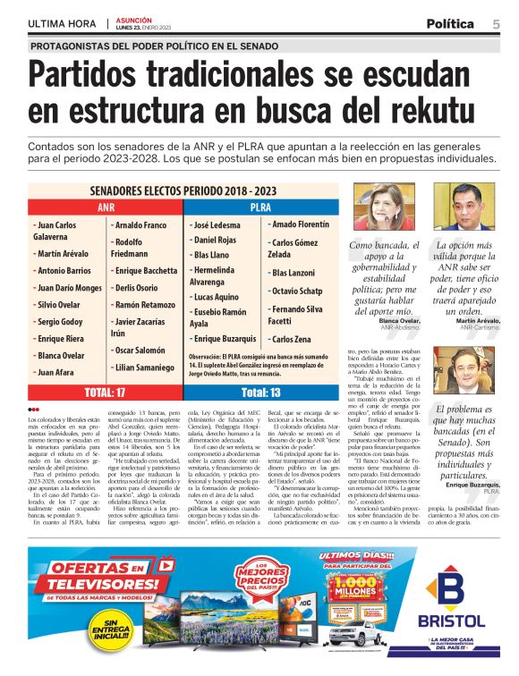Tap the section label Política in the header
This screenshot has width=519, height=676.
click(449, 24)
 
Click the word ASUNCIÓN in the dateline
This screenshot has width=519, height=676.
click(135, 20)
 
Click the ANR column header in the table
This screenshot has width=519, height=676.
click(106, 207)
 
